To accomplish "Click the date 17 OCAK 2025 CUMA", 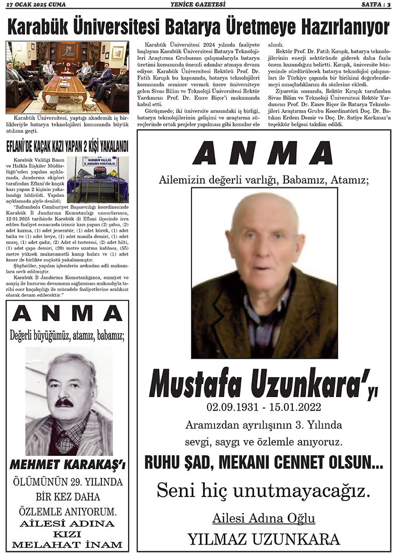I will [x=37, y=5].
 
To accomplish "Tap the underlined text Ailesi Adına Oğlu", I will [x=264, y=518].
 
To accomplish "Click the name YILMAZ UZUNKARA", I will [x=264, y=538].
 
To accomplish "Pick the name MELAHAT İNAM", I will [x=67, y=545].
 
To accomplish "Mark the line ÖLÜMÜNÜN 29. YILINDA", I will [x=67, y=483].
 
